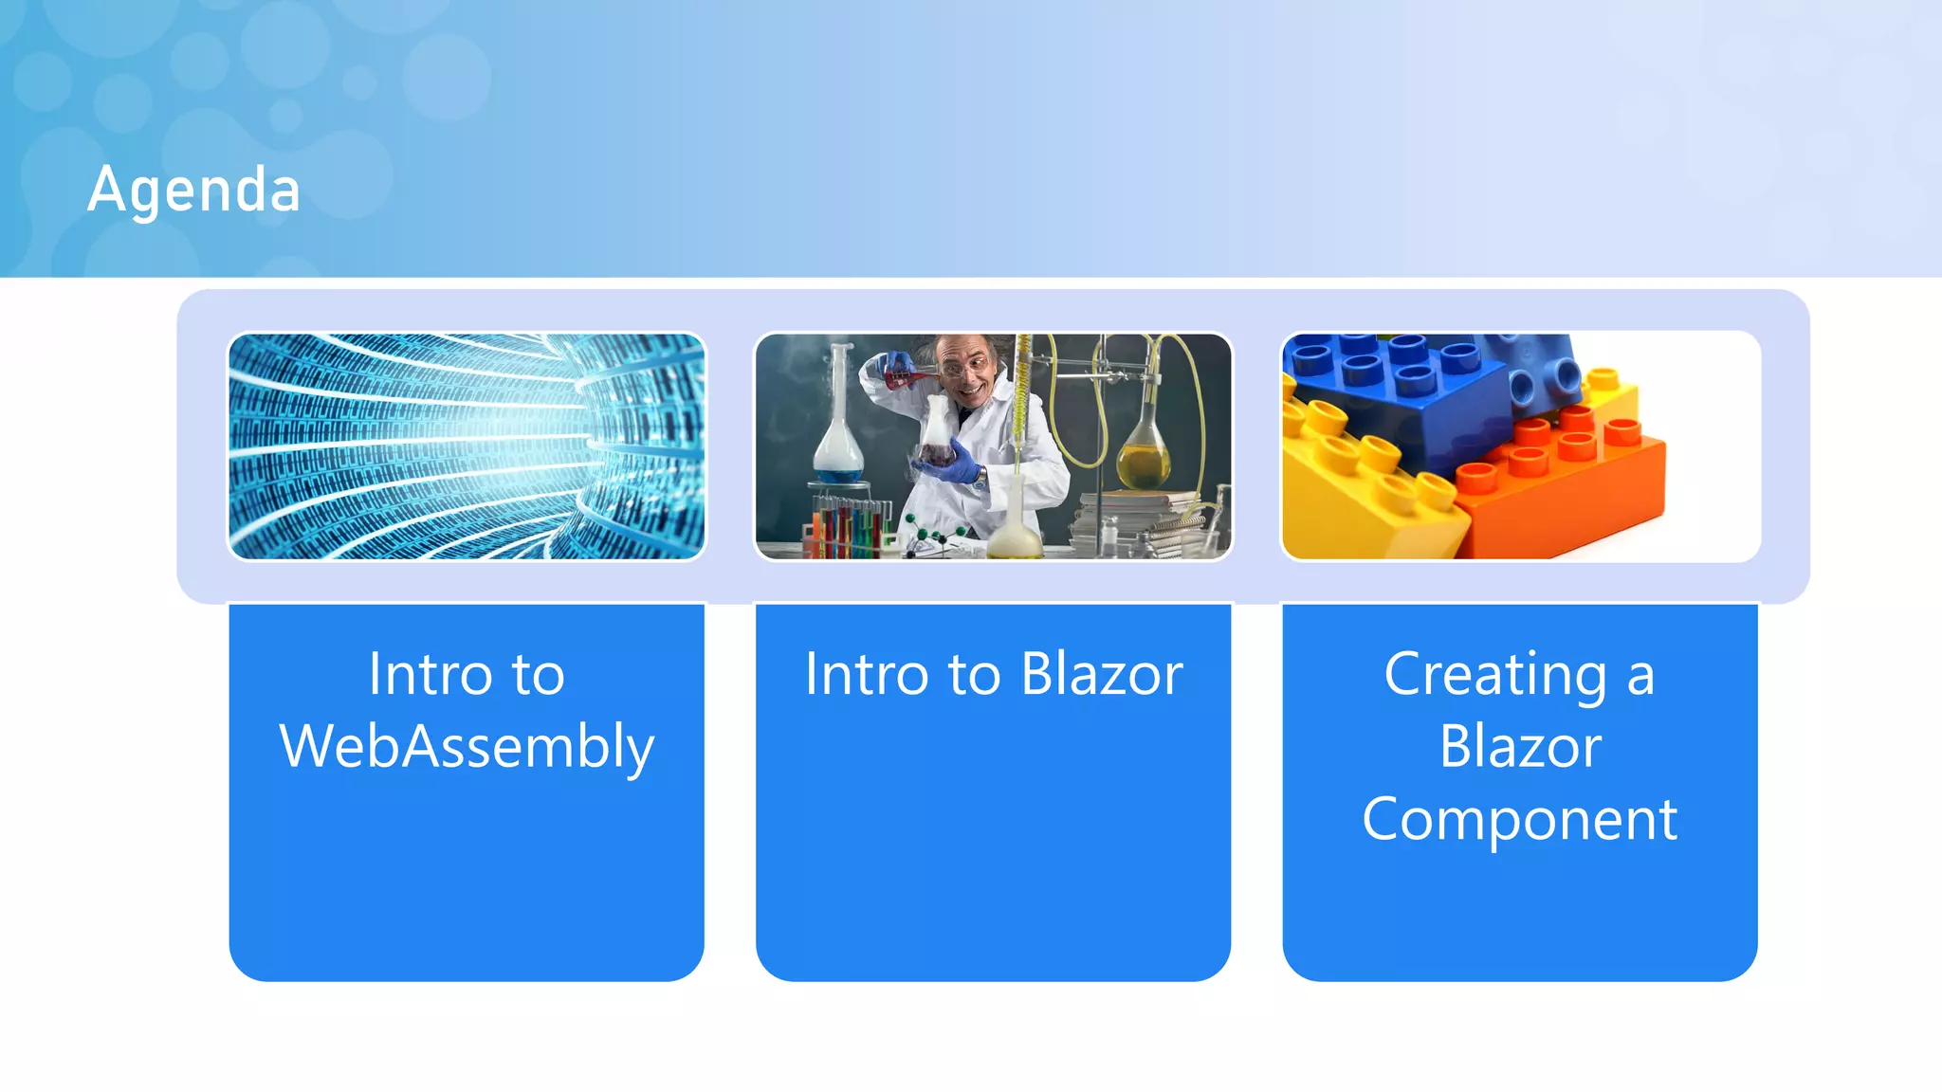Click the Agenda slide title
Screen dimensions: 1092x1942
[x=194, y=190]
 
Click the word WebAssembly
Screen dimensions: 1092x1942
[x=467, y=747]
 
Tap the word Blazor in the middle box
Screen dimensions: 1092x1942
[x=1102, y=675]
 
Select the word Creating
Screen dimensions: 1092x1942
[x=1494, y=675]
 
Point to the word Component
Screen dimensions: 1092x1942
[x=1519, y=819]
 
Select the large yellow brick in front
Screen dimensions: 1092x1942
[x=1365, y=493]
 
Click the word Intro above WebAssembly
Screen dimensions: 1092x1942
[x=431, y=675]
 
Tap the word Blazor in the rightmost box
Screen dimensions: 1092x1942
[x=1519, y=747]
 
